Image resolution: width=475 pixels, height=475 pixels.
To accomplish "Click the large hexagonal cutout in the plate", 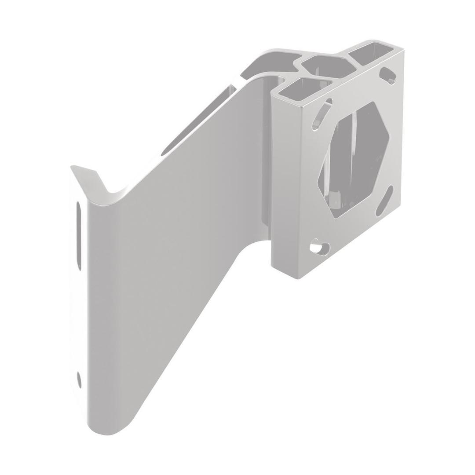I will click(x=354, y=158).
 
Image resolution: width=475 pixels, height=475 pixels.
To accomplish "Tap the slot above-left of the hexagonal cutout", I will click(x=322, y=115).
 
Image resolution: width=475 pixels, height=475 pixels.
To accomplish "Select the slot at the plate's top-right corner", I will click(x=387, y=75).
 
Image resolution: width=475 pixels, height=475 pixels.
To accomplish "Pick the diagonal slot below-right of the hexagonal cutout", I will click(x=384, y=200).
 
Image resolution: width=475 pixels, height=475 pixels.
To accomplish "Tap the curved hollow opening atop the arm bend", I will click(x=268, y=64).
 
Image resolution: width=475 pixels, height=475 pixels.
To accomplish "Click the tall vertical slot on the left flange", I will click(x=79, y=235).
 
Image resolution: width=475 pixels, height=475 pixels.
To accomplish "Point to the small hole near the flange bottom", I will click(x=79, y=379).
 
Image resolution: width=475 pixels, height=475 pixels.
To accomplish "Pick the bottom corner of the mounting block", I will click(x=299, y=278).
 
